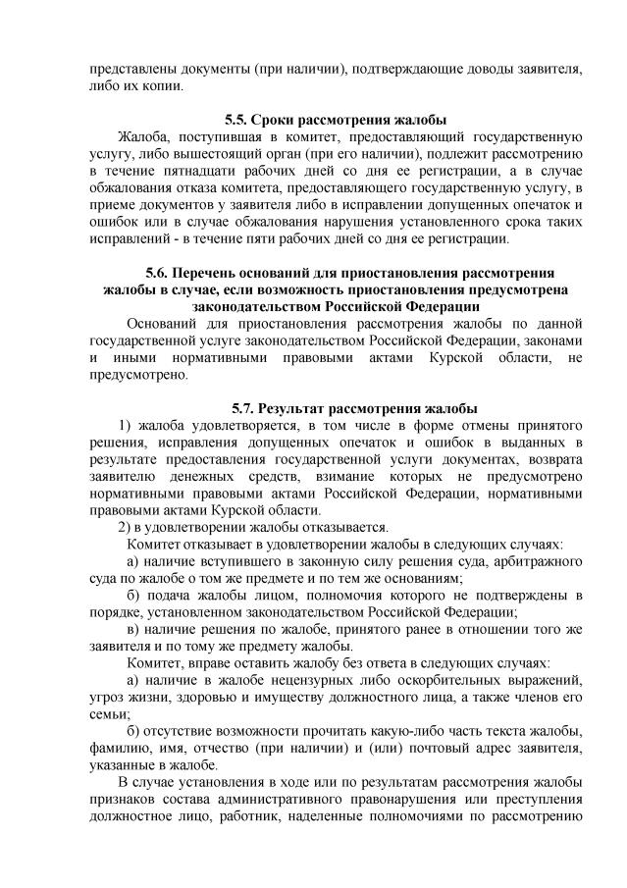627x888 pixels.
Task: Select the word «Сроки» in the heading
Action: point(276,120)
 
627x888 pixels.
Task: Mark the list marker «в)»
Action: point(137,630)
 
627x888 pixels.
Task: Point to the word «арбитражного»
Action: point(539,561)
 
